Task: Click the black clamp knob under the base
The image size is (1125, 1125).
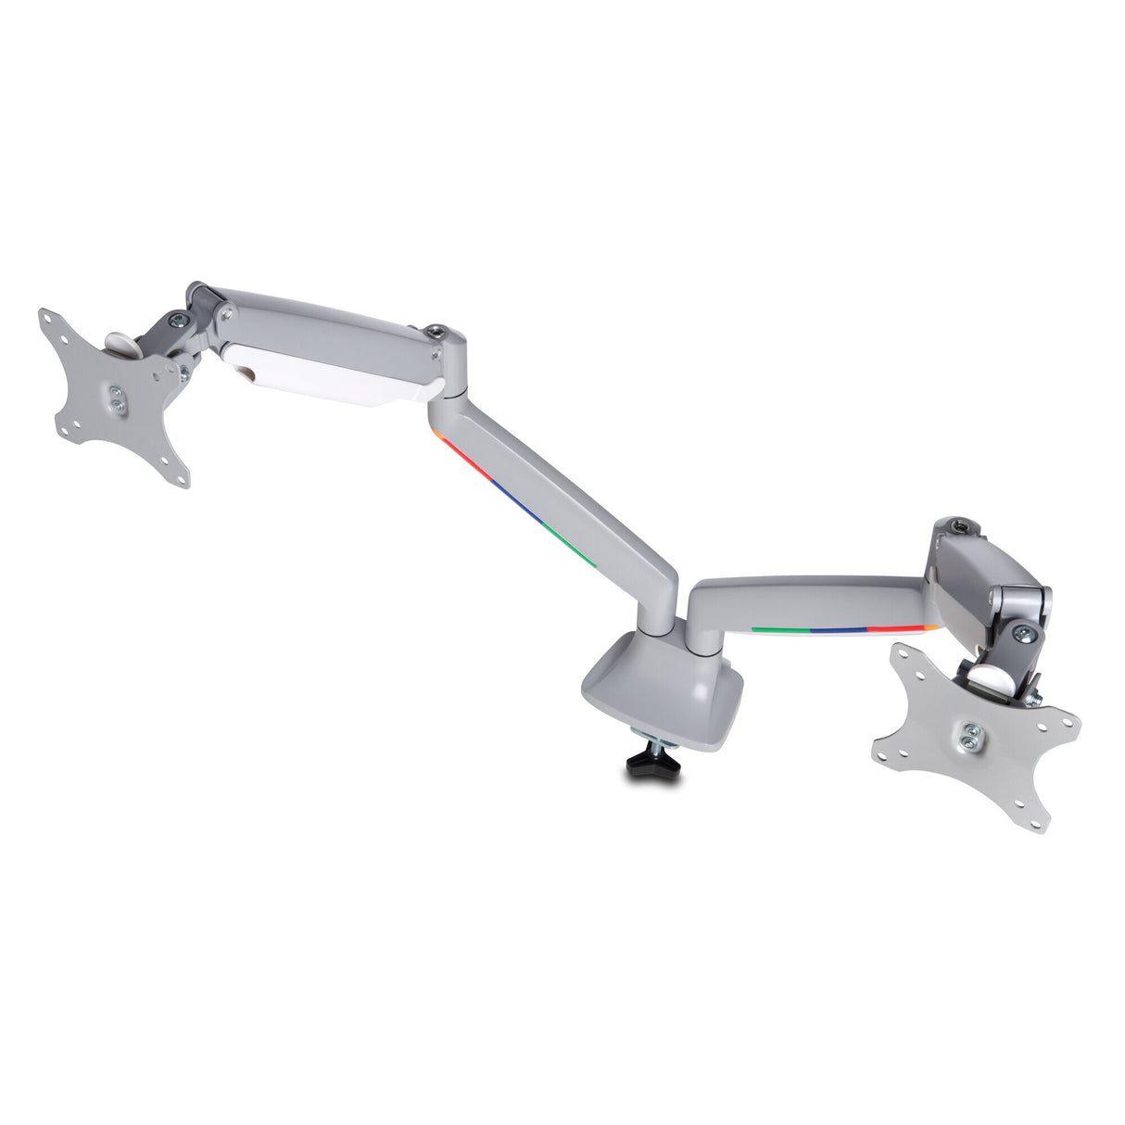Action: pyautogui.click(x=650, y=764)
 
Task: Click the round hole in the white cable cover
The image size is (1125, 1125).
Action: pyautogui.click(x=248, y=373)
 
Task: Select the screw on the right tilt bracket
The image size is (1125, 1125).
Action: pyautogui.click(x=1023, y=634)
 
